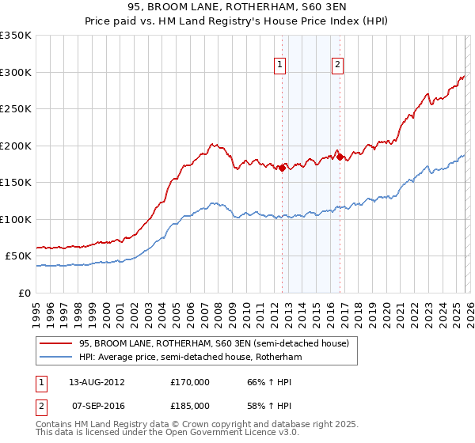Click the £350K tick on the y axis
pos(16,36)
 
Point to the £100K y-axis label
pos(16,219)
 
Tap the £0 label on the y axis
pos(25,293)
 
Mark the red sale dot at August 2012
pos(282,168)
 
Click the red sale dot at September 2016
pos(340,157)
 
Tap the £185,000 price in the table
pos(190,405)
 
